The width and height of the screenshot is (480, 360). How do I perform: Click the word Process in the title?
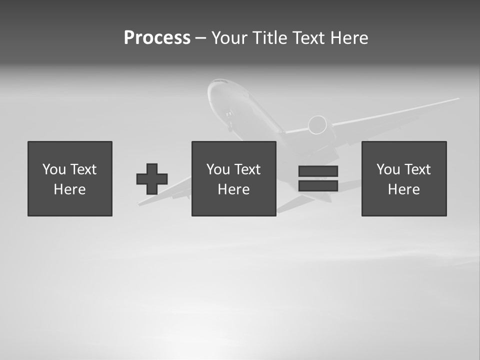pos(157,38)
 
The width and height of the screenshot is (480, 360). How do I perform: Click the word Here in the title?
pos(349,38)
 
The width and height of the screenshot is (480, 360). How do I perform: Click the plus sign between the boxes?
pos(152,179)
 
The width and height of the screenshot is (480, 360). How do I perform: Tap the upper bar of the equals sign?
pos(318,171)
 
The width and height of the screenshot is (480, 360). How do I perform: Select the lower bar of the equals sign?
pos(318,186)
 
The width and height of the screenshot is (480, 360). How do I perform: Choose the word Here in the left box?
pos(69,189)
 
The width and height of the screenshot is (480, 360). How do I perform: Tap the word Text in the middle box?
pos(247,169)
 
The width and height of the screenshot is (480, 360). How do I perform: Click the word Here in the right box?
pos(403,189)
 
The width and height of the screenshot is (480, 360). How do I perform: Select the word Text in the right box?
pos(417,169)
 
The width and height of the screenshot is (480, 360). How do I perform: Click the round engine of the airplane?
pos(317,125)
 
